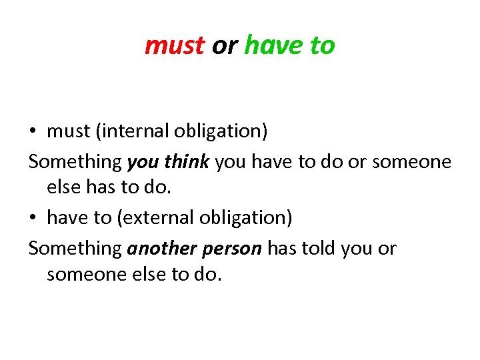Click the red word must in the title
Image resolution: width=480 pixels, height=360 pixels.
(x=174, y=45)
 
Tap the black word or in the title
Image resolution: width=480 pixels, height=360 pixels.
(x=224, y=45)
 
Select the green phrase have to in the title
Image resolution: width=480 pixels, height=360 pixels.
(x=289, y=45)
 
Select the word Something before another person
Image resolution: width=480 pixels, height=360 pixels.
(x=75, y=248)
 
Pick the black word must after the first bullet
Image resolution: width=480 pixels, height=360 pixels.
(x=69, y=131)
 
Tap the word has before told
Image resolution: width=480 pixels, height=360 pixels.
(x=282, y=248)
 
